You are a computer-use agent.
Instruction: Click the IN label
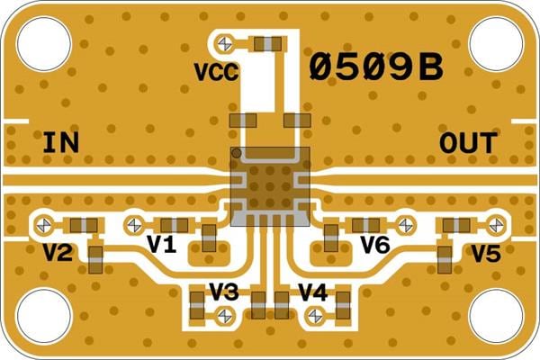60,143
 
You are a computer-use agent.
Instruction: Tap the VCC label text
216,72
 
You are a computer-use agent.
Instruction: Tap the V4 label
312,292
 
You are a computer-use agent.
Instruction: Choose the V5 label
485,254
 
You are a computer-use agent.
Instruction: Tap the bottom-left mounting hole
43,317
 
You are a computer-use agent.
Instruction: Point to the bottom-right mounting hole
497,317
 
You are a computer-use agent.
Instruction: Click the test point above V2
41,222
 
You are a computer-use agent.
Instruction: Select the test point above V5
494,222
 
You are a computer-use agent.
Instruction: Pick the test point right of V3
223,314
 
